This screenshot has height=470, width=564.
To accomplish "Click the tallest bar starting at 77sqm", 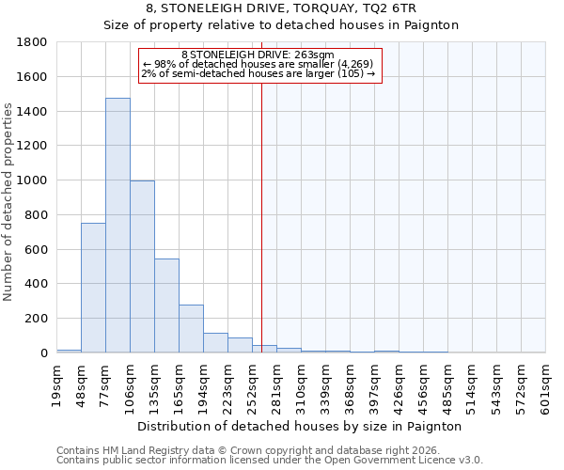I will coord(117,226).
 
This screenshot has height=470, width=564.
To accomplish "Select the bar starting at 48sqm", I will coord(93,288).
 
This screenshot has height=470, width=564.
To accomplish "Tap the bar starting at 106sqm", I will coord(142,267).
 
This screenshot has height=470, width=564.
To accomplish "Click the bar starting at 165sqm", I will coord(191,329).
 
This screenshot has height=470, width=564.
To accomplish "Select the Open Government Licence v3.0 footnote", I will coord(269,461).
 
